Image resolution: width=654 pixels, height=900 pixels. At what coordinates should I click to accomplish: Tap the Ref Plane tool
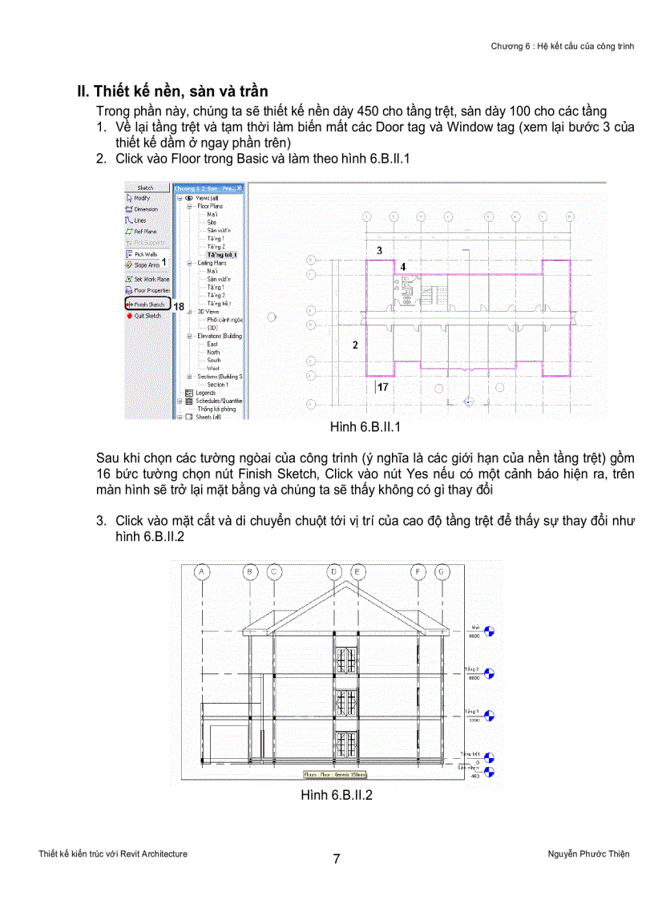click(x=145, y=231)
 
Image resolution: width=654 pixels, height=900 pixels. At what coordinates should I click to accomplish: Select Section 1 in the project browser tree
click(x=217, y=385)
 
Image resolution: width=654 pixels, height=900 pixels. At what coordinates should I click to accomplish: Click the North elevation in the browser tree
click(x=213, y=352)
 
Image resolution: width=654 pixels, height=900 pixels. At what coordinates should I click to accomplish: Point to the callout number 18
click(x=179, y=306)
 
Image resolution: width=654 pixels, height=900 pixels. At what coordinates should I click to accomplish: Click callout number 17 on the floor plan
click(x=383, y=387)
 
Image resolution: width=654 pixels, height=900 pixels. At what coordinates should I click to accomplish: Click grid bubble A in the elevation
click(x=203, y=571)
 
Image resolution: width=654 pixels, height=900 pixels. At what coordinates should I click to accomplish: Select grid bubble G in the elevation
click(x=442, y=571)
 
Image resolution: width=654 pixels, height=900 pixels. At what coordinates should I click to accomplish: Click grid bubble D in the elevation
click(x=334, y=571)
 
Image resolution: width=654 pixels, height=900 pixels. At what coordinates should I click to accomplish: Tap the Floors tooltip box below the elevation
click(x=335, y=775)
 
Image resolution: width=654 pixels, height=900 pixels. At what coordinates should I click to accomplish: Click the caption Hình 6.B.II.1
click(x=365, y=428)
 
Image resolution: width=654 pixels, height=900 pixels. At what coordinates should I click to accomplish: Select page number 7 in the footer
click(x=337, y=859)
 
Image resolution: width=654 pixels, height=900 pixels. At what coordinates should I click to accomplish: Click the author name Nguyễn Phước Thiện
click(x=583, y=854)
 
